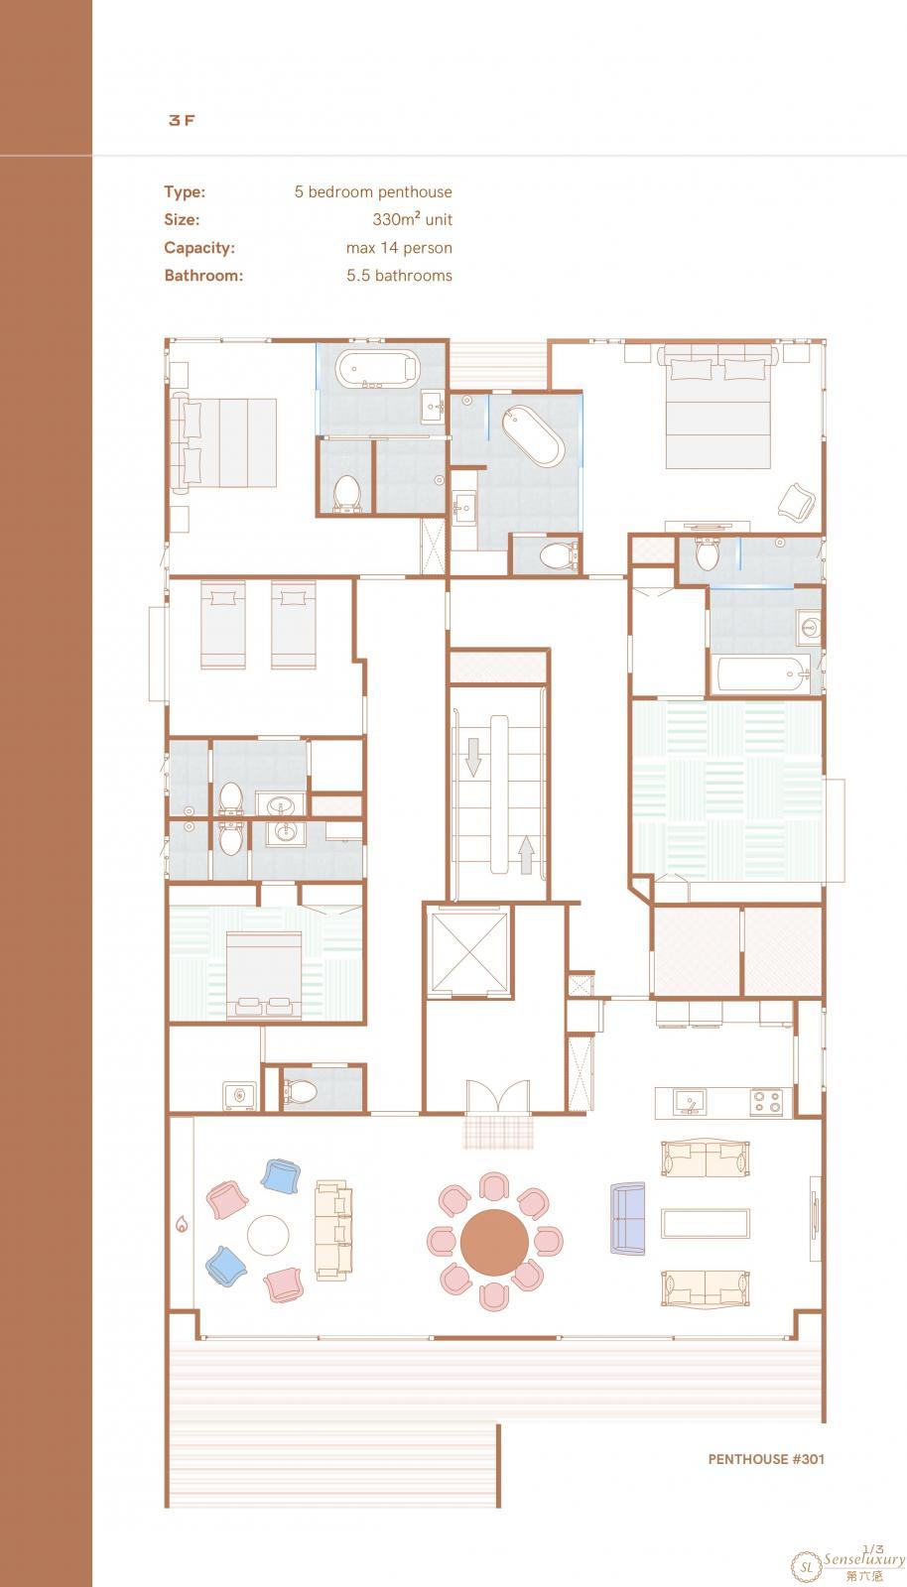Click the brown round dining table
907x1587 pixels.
[494, 1242]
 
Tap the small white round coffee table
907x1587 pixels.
[268, 1235]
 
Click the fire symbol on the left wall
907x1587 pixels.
[183, 1224]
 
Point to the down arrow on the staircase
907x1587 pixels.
[473, 757]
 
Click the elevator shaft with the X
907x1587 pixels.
[469, 953]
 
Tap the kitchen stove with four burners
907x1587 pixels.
[767, 1102]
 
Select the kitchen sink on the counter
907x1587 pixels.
[688, 1102]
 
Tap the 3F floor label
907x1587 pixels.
[182, 120]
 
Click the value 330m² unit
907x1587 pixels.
[413, 219]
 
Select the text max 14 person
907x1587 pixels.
[399, 248]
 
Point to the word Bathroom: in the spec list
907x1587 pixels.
[203, 276]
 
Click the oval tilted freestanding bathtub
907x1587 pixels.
[533, 436]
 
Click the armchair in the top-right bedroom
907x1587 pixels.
[797, 502]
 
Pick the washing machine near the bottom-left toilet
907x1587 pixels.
[239, 1095]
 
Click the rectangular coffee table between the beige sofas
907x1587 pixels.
[705, 1224]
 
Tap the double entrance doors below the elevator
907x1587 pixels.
[498, 1096]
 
